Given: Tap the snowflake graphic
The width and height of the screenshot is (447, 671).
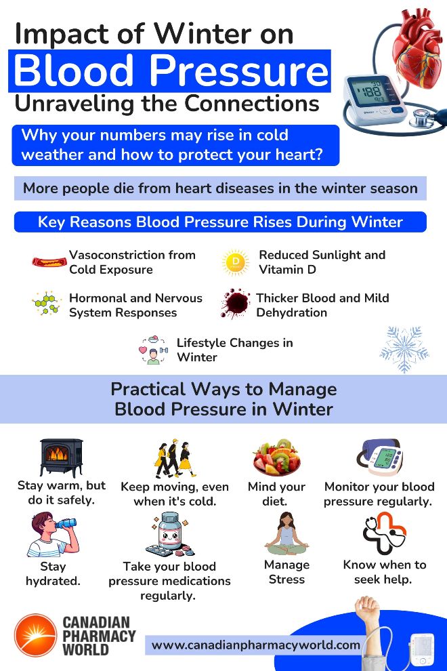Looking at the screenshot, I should pos(404,348).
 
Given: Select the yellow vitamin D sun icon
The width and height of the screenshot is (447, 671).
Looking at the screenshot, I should pos(236,262).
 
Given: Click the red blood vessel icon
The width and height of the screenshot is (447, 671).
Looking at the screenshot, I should pos(49,262).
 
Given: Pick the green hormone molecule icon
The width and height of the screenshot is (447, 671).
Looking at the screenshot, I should pos(47,304).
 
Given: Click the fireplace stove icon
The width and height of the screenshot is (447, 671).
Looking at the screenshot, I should pos(61,457).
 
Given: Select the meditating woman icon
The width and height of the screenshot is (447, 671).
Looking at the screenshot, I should pos(286,535).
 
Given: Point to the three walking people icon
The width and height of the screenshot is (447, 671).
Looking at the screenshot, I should pos(175,458).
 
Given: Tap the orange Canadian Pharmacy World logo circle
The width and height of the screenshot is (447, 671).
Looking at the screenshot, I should pos(35,635).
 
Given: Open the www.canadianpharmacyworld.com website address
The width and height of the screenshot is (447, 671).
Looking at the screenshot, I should pos(255,645).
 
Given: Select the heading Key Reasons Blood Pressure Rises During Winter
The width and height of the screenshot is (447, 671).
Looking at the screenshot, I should pos(220,222).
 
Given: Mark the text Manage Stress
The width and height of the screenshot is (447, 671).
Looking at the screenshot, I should pos(286,572).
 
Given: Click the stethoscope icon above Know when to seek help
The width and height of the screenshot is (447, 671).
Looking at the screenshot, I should pos(384,533).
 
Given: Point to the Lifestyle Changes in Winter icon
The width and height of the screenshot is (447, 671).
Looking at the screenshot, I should pos(154,350).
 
